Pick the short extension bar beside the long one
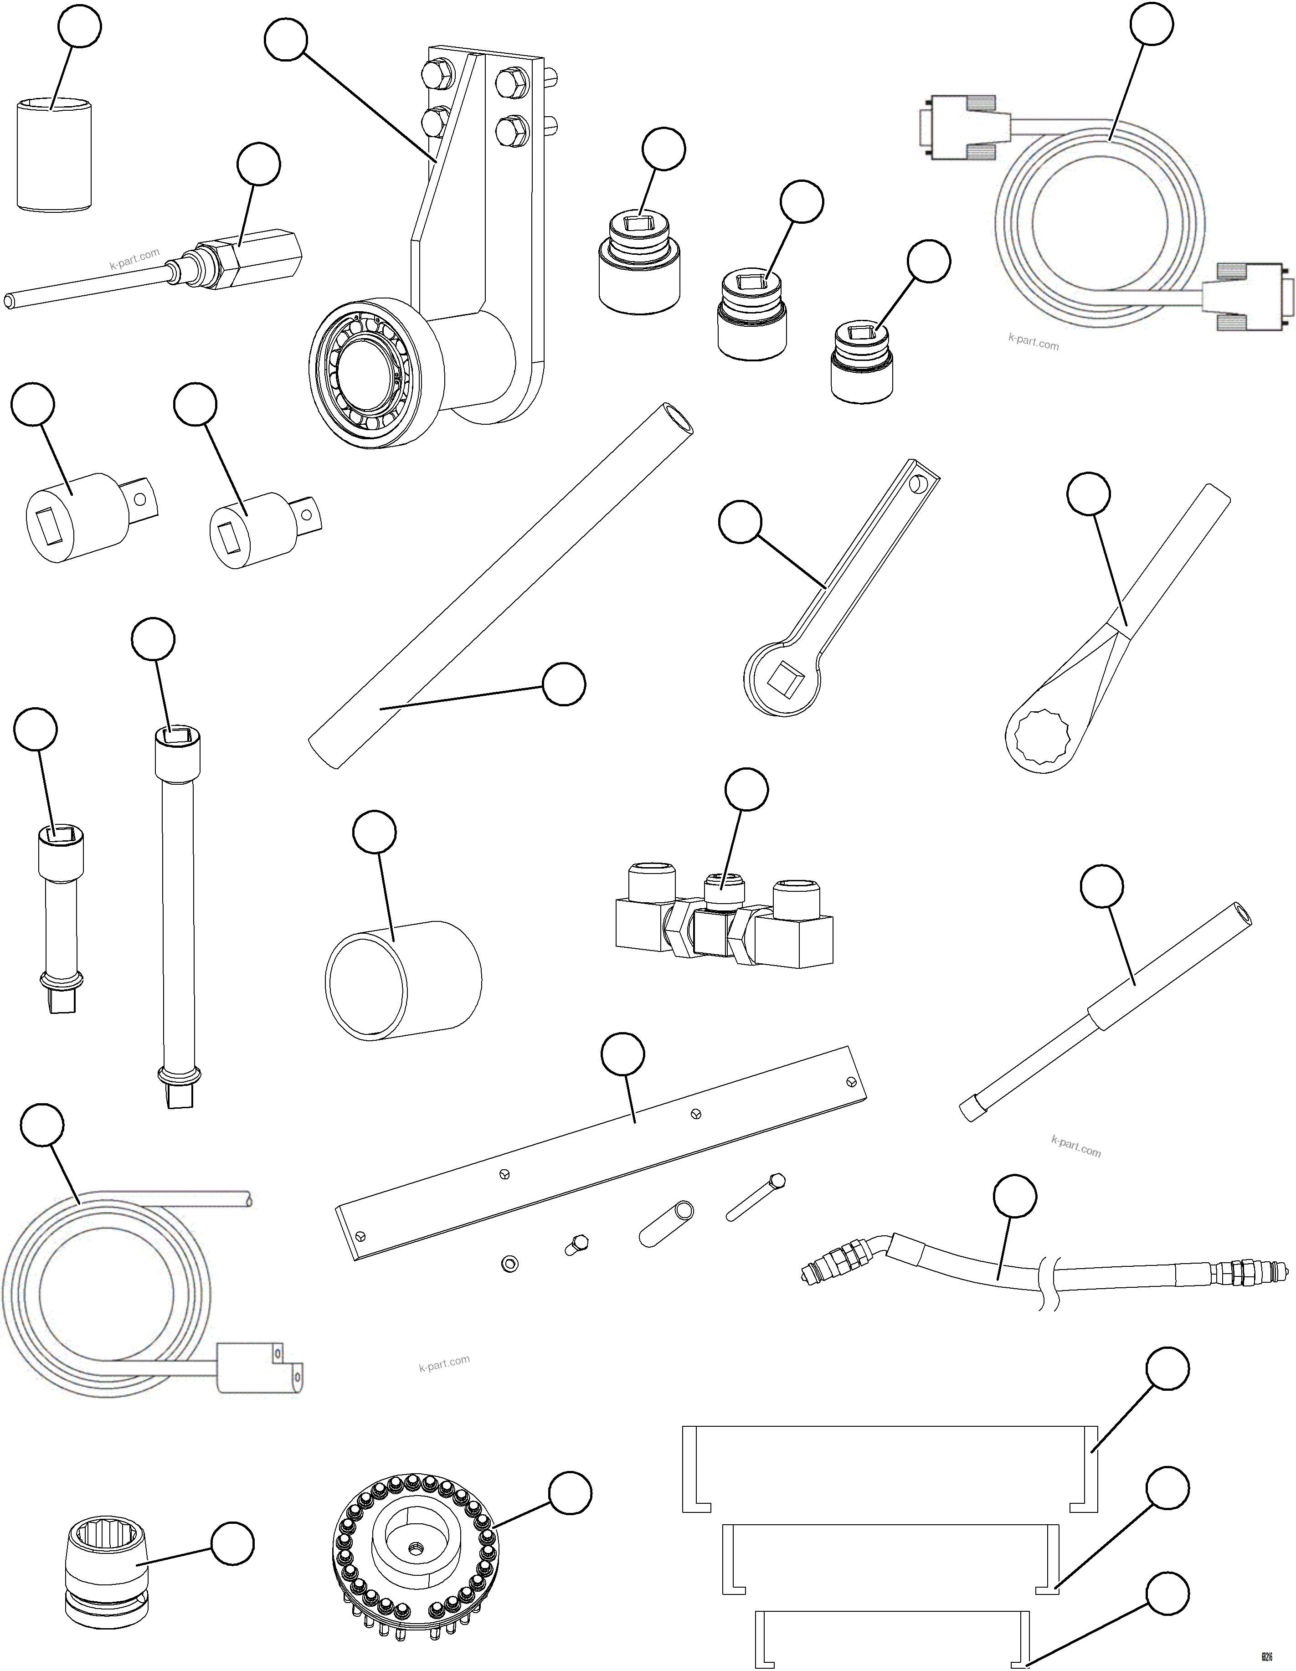coord(60,918)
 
